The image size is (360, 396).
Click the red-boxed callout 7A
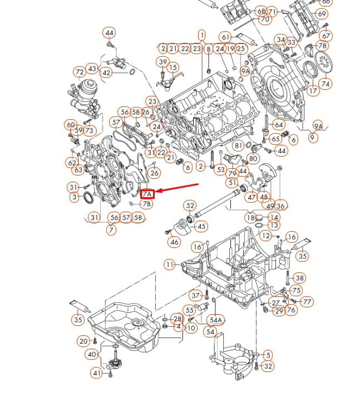[x=147, y=194]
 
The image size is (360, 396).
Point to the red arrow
[x=177, y=188]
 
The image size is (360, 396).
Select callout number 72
[x=80, y=72]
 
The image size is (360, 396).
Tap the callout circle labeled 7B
[x=147, y=204]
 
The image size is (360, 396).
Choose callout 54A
[x=215, y=320]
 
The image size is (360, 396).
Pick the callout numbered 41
[x=97, y=373]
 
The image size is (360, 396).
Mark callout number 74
[x=326, y=84]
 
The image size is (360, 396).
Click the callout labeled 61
[x=225, y=37]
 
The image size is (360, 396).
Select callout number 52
[x=190, y=206]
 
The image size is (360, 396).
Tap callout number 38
[x=299, y=278]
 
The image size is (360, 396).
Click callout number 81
[x=239, y=145]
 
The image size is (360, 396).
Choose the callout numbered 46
[x=175, y=242]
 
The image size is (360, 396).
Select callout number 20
[x=83, y=341]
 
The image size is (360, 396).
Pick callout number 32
[x=268, y=366]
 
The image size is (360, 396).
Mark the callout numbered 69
[x=322, y=13]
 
